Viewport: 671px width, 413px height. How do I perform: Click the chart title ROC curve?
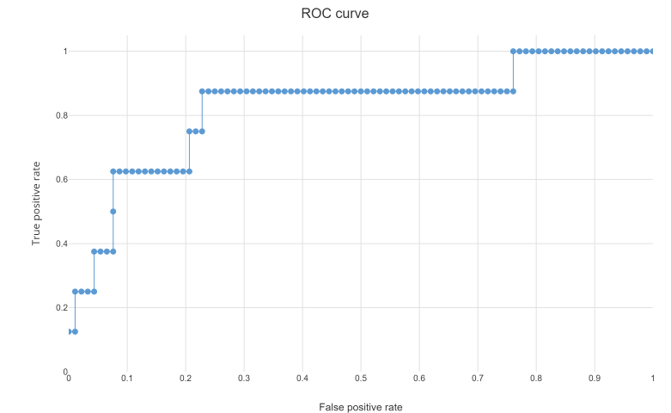[335, 14]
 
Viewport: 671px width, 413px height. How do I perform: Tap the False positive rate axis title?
[360, 407]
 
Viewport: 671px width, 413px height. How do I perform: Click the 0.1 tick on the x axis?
[127, 378]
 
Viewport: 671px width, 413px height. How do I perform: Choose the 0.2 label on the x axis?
[186, 378]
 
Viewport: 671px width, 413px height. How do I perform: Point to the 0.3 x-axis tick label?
[244, 378]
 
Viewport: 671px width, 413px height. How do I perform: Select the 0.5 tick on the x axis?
[361, 378]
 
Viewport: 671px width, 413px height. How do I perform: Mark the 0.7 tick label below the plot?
[478, 378]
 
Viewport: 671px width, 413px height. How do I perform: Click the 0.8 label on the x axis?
[536, 378]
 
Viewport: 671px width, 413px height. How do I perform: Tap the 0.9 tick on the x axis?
[595, 378]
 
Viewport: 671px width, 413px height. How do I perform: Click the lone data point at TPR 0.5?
[113, 211]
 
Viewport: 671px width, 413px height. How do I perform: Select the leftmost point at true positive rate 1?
[513, 51]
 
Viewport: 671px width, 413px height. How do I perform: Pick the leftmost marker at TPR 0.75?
[189, 131]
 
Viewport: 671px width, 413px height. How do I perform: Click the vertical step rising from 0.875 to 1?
[513, 71]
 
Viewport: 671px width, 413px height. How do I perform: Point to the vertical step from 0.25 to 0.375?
[94, 272]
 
